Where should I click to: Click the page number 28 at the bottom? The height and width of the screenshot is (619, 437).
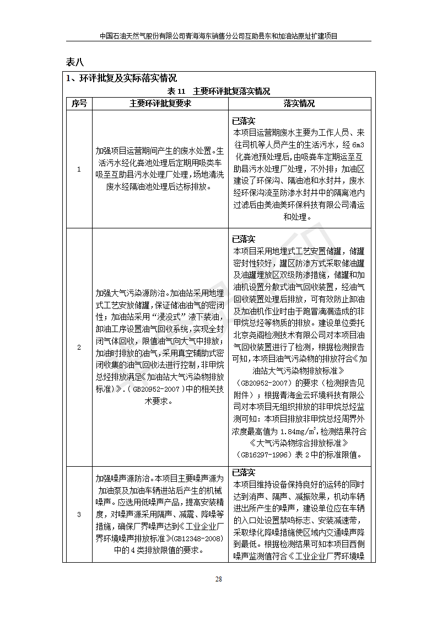[218, 579]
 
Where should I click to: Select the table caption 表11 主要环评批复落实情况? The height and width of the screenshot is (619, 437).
[218, 91]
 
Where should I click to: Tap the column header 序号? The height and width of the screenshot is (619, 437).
[78, 103]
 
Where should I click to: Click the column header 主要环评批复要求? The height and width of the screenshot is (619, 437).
[160, 103]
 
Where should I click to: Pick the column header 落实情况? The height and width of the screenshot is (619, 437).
[299, 103]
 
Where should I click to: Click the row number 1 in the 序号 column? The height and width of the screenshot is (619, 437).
[78, 169]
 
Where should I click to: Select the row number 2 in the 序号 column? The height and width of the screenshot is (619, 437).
[78, 348]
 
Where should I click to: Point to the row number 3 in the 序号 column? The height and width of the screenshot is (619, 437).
[78, 514]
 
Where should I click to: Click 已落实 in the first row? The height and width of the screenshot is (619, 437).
[244, 121]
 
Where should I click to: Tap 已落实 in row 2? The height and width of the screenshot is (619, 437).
[244, 239]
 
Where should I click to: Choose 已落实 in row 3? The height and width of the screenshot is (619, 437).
[244, 473]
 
